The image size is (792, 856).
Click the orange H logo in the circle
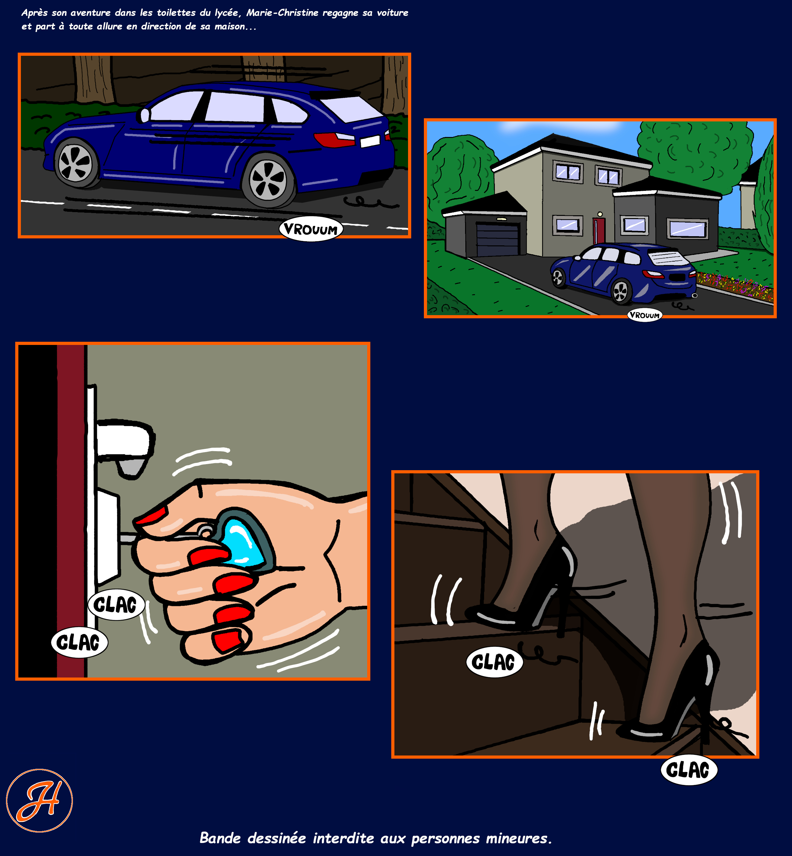(39, 801)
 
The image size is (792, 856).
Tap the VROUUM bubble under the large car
(311, 230)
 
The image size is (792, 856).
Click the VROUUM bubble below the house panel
(645, 315)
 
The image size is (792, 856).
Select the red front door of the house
(599, 230)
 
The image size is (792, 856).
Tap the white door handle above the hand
(124, 446)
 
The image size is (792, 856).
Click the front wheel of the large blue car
(76, 163)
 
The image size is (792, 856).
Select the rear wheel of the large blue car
(269, 180)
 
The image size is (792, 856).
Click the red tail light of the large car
(334, 139)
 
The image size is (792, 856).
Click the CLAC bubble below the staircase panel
(689, 770)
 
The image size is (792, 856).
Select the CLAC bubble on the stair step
(494, 662)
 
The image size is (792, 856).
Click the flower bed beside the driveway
(735, 285)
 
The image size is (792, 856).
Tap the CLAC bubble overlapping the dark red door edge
(79, 642)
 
